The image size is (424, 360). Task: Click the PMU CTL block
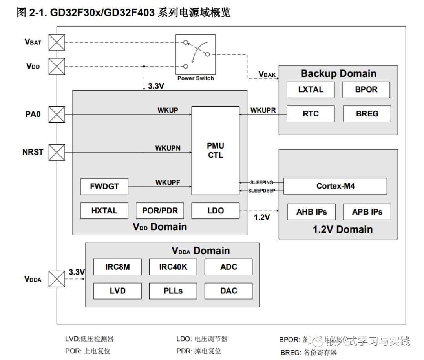[x=215, y=150]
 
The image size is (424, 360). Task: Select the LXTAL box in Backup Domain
[x=311, y=90]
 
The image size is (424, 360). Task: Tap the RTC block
[x=311, y=114]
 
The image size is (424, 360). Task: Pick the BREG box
[x=367, y=114]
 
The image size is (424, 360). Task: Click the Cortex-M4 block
[x=335, y=186]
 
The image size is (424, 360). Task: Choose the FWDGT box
[x=104, y=187]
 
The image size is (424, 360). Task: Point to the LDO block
[x=215, y=211]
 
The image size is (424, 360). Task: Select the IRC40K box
[x=173, y=267]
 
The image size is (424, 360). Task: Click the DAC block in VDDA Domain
[x=228, y=291]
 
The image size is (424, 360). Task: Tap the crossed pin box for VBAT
[x=57, y=42]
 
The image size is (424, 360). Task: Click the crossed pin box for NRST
[x=57, y=152]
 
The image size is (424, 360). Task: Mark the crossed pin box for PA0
[x=57, y=115]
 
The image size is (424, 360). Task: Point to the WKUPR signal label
[x=263, y=110]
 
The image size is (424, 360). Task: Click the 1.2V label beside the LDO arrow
[x=262, y=217]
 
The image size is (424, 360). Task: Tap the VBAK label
[x=267, y=74]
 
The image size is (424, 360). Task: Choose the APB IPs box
[x=367, y=212]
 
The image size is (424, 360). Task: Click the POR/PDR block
[x=160, y=211]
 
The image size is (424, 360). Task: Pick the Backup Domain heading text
[x=338, y=74]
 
